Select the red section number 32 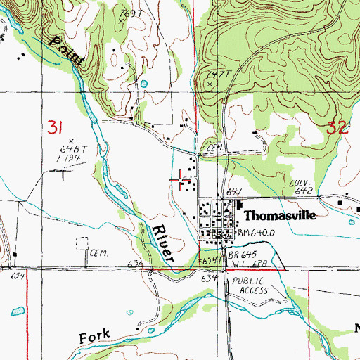(337, 127)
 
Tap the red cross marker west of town (184, 181)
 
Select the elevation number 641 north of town (235, 191)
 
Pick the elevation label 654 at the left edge (17, 276)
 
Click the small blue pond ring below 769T (144, 84)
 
